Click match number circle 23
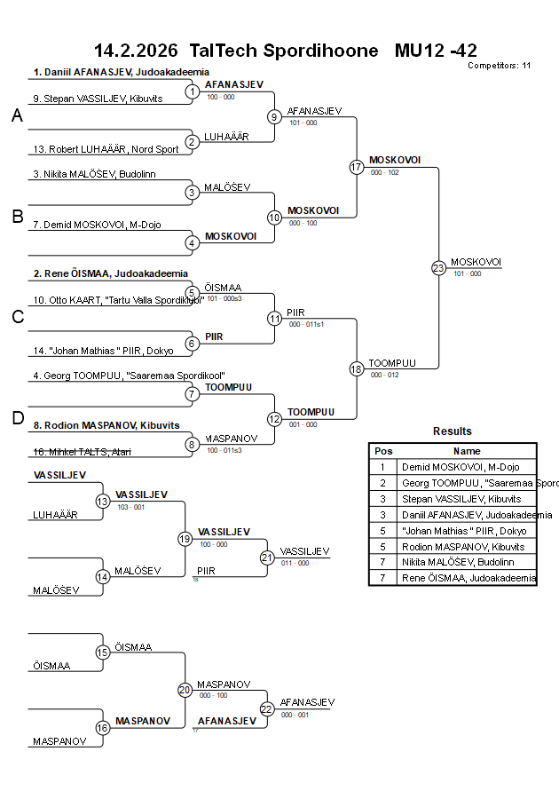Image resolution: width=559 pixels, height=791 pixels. click(438, 267)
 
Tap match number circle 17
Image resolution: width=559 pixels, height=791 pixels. click(357, 166)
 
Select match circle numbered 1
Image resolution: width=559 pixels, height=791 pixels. click(193, 91)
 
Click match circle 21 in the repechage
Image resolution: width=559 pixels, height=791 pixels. click(267, 558)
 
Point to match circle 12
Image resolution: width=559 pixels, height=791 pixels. click(275, 418)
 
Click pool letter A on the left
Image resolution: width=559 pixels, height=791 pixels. click(17, 116)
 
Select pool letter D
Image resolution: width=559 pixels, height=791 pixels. click(17, 418)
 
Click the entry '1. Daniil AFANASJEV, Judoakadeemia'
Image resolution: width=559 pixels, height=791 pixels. click(121, 72)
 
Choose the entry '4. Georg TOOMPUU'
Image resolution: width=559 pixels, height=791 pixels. click(128, 376)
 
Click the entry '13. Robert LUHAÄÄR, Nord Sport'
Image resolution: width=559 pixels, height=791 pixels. click(106, 149)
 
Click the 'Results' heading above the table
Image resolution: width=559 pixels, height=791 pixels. click(453, 431)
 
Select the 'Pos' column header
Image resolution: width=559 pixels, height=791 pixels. click(383, 451)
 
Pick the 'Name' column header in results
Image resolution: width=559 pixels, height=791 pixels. click(467, 451)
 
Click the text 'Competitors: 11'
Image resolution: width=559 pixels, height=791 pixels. click(500, 66)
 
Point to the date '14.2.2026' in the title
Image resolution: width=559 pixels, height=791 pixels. click(136, 51)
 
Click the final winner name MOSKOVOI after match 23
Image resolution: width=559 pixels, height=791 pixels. click(476, 262)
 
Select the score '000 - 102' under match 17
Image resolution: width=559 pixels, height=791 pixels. click(385, 172)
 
